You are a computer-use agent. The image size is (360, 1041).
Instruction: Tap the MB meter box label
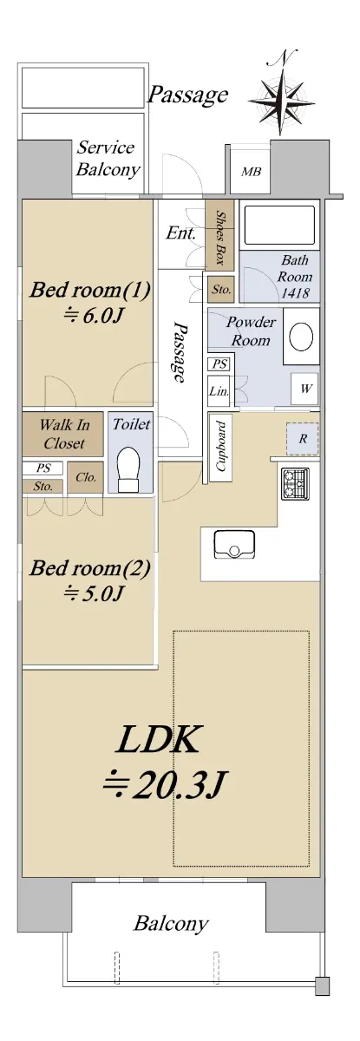point(251,172)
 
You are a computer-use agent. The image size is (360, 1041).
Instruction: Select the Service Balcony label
point(108,158)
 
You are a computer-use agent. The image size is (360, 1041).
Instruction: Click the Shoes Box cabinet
point(220,235)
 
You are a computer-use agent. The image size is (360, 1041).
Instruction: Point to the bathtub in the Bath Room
point(279,225)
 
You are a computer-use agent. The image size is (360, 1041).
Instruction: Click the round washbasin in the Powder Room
point(301,337)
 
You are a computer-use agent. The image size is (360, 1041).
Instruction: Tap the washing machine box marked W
point(304,389)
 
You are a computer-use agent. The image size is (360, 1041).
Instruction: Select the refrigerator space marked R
point(303,439)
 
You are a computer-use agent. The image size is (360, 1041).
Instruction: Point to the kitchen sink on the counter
point(234,544)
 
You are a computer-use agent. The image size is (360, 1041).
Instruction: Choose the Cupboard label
point(221,447)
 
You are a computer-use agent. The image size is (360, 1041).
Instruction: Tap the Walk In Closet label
point(64,434)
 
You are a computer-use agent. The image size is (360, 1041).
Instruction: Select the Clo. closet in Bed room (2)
point(86,477)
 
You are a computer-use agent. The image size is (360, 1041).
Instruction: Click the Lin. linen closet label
point(219,391)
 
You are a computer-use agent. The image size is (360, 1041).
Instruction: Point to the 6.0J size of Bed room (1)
point(94,316)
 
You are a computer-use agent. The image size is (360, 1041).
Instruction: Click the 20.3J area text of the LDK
point(164,785)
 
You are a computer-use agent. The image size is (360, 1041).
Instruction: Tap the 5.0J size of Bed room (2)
point(94,593)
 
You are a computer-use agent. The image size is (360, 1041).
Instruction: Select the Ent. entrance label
point(180,232)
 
